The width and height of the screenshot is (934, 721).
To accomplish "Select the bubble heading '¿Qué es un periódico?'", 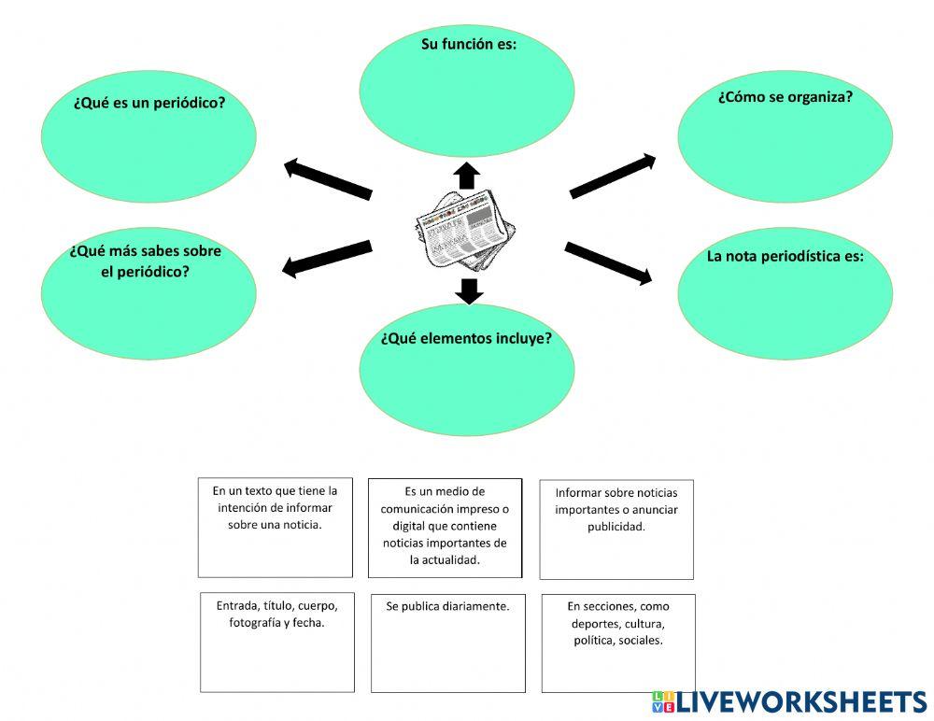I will click(x=149, y=103).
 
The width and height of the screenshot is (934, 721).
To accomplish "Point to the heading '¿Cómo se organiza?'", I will click(x=785, y=96).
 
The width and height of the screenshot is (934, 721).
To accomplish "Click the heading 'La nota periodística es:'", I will click(x=785, y=256).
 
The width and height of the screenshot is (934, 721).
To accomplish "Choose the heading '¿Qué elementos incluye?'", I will click(x=466, y=338).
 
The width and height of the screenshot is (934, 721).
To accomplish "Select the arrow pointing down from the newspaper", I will click(x=470, y=290).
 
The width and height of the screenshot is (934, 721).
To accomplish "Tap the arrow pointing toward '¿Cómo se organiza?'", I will click(x=613, y=177).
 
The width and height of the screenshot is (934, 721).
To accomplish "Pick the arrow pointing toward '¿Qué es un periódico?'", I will click(x=328, y=178).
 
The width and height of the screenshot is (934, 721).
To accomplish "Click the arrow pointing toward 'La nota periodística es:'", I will click(x=608, y=262).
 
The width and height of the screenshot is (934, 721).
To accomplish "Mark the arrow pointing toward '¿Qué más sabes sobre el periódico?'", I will click(x=327, y=260).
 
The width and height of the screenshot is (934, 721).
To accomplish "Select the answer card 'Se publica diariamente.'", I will click(x=447, y=606).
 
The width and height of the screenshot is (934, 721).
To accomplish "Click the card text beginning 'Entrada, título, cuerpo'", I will click(x=276, y=614).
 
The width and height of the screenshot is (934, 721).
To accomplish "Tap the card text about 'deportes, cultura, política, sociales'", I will click(x=617, y=623).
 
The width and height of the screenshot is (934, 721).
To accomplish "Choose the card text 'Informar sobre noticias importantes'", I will click(x=616, y=509).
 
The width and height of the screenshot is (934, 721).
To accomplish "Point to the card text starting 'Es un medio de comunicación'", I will click(x=445, y=525).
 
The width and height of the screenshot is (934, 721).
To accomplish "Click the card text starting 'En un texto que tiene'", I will click(x=275, y=507).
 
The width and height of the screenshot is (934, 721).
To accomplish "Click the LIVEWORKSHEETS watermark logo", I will click(x=789, y=702).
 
